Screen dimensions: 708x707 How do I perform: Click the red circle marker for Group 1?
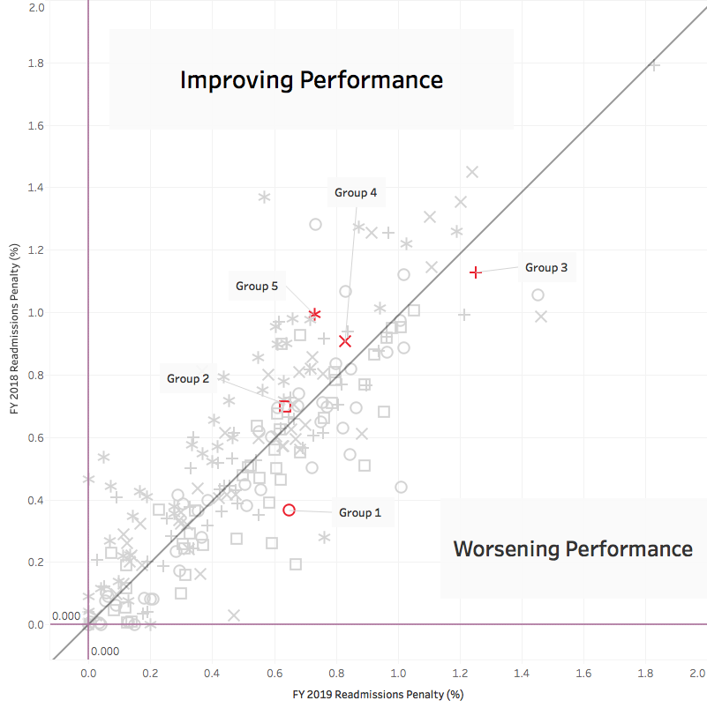[289, 510]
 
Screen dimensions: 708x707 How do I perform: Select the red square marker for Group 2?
[284, 406]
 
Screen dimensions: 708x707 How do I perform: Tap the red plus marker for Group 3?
[476, 272]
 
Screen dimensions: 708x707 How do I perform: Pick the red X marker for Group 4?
[345, 340]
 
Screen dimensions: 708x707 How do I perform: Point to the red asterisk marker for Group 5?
[314, 314]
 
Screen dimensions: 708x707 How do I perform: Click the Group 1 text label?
[360, 512]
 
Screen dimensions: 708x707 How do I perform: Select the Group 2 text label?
[188, 378]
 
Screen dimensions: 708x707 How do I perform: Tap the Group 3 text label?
[546, 267]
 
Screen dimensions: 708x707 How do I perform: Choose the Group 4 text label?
[356, 191]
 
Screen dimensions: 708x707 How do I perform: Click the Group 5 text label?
[257, 286]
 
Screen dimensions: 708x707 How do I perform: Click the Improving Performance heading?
[311, 80]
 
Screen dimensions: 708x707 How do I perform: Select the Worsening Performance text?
[573, 548]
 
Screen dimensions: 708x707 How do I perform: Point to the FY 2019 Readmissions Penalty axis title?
[379, 695]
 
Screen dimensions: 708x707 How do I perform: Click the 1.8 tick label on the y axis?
[36, 63]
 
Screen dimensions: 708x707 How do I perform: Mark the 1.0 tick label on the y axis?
[36, 313]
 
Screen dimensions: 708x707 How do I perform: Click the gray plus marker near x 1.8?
[654, 64]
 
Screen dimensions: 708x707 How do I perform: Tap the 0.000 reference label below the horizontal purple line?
[103, 651]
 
